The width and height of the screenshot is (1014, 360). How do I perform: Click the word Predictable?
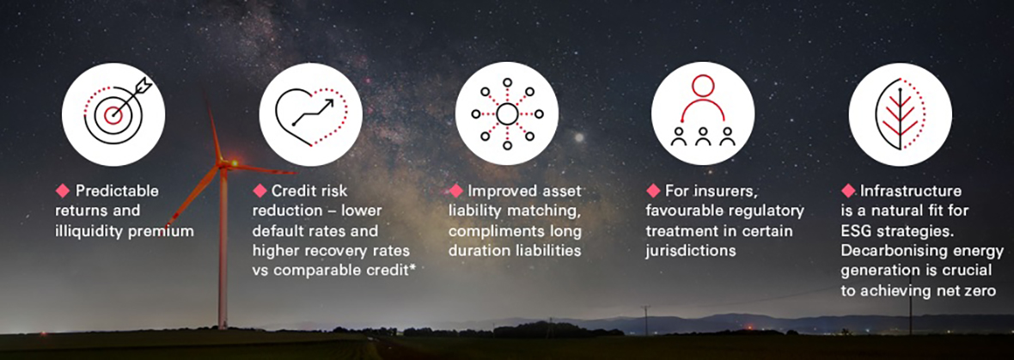[x=117, y=191]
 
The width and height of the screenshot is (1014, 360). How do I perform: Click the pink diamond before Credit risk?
[x=260, y=190]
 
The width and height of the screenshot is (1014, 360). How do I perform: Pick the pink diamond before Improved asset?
[x=456, y=190]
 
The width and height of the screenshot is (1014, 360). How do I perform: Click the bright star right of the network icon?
[x=578, y=137]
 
